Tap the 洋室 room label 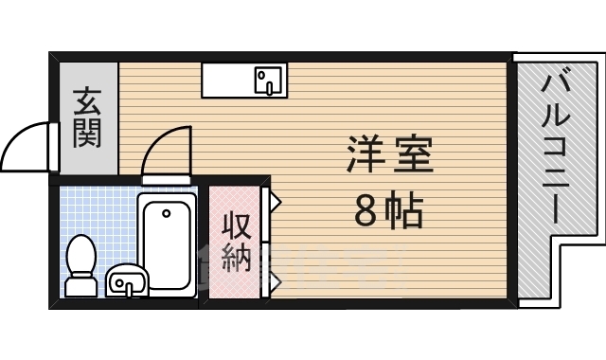pyautogui.click(x=390, y=155)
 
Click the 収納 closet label pyautogui.click(x=237, y=242)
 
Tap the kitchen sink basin pyautogui.click(x=269, y=81)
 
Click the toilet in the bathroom pyautogui.click(x=81, y=265)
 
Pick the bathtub pyautogui.click(x=167, y=245)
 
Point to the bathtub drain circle pyautogui.click(x=167, y=213)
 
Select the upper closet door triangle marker pyautogui.click(x=276, y=201)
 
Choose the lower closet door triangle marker pyautogui.click(x=276, y=279)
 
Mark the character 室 pyautogui.click(x=415, y=155)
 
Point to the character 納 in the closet pyautogui.click(x=237, y=257)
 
